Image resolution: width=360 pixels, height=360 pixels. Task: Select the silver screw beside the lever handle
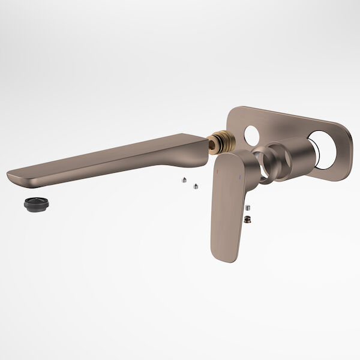pos(248,207)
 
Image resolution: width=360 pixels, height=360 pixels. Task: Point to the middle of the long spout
pos(108,159)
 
